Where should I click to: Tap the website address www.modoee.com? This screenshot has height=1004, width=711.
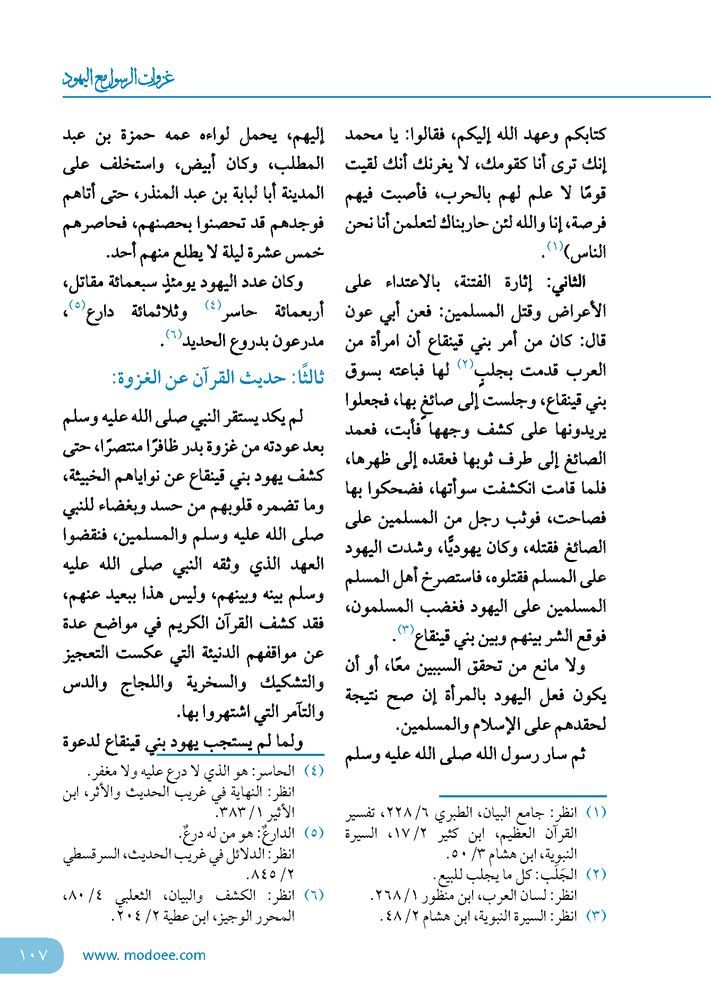pos(144,955)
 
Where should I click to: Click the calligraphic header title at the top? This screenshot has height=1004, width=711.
pos(118,79)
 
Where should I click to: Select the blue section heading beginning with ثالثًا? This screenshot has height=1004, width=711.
pos(218,378)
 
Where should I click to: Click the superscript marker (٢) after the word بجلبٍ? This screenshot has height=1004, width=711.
pos(465,364)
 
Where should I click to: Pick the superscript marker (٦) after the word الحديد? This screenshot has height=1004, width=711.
pos(174,334)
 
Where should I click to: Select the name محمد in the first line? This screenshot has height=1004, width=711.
pos(364,135)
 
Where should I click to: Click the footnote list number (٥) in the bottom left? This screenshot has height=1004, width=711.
pos(314,832)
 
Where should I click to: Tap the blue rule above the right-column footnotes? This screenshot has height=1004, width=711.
pos(522,796)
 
